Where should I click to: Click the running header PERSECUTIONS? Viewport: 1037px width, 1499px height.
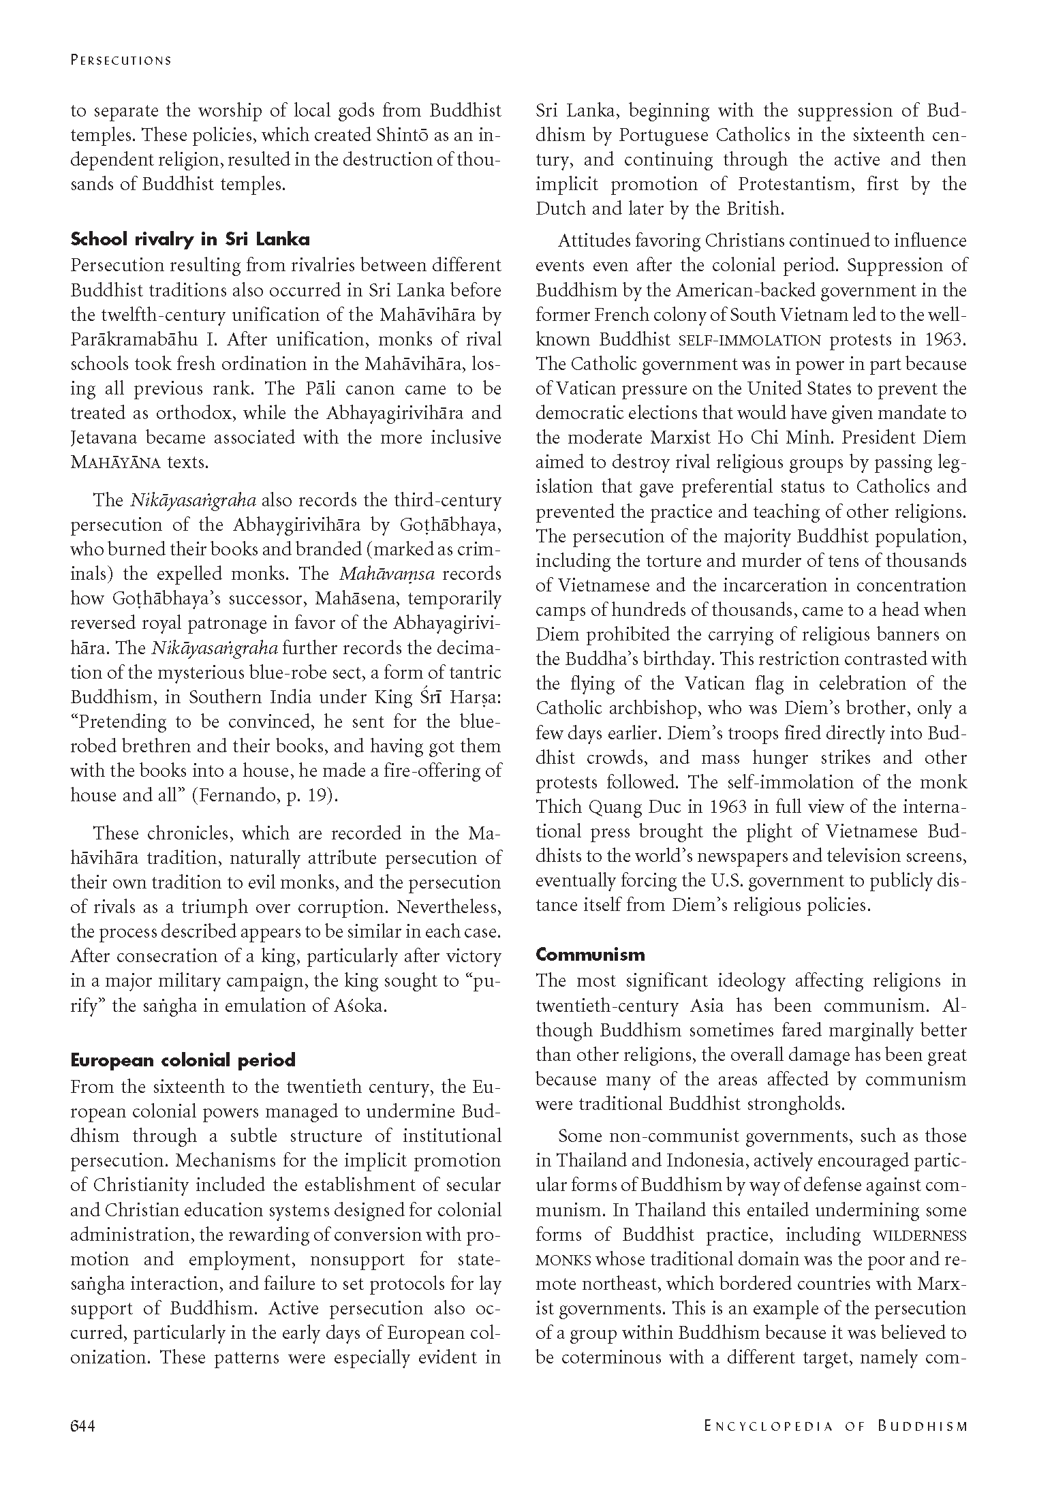pyautogui.click(x=121, y=60)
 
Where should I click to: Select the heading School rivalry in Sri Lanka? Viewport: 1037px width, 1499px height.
pyautogui.click(x=190, y=239)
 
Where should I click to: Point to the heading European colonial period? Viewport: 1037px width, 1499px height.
pyautogui.click(x=183, y=1060)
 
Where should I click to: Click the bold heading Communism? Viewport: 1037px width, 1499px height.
pyautogui.click(x=590, y=955)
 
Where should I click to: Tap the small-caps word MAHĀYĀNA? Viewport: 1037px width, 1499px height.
pyautogui.click(x=116, y=463)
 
